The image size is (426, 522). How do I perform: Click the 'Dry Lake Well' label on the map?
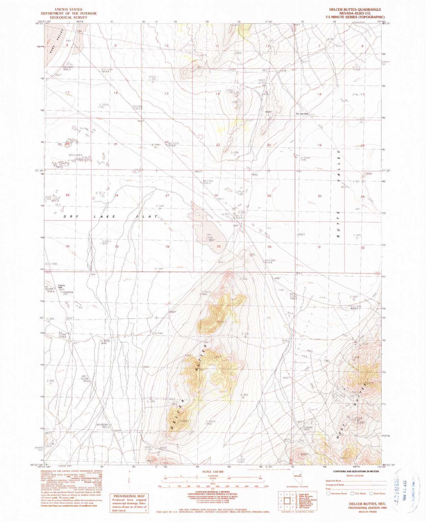(x=302, y=114)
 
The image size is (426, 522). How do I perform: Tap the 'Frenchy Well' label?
(x=62, y=286)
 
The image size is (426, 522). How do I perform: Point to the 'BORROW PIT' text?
(x=68, y=293)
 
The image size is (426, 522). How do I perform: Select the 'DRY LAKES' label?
(x=75, y=155)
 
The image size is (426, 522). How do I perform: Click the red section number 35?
(x=218, y=247)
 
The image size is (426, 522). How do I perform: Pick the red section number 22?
(x=167, y=142)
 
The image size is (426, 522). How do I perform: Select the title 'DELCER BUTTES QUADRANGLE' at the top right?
(x=355, y=10)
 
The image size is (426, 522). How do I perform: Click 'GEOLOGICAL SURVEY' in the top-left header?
(x=68, y=17)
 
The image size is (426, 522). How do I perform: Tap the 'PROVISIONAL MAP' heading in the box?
(x=129, y=496)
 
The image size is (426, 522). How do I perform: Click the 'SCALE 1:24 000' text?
(x=213, y=472)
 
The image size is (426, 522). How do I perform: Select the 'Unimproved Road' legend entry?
(x=335, y=485)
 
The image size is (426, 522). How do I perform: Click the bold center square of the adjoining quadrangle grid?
(x=287, y=501)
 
